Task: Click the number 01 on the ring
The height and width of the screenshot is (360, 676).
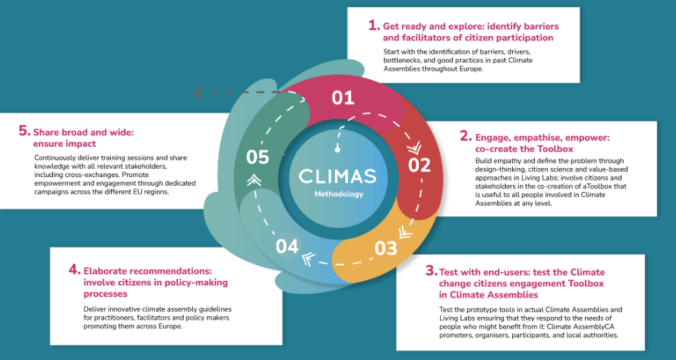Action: click(343, 97)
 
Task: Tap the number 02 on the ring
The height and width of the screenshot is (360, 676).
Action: click(420, 165)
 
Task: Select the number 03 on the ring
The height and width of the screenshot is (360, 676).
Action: click(386, 248)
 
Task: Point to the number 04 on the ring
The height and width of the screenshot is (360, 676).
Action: click(287, 246)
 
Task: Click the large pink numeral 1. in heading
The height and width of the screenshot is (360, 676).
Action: click(374, 25)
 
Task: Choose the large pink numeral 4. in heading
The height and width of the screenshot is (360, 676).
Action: click(74, 270)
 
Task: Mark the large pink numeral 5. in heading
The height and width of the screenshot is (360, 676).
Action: click(25, 131)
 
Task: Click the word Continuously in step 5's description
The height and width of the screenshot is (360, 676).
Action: click(56, 157)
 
